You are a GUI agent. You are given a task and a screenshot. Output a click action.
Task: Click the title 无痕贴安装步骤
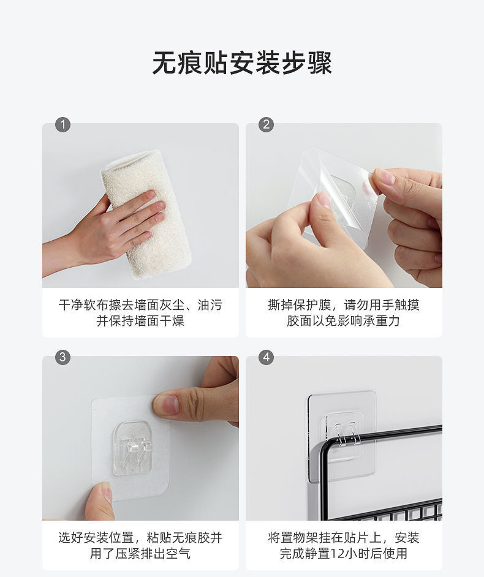242,62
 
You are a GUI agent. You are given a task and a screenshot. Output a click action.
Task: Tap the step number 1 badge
62,125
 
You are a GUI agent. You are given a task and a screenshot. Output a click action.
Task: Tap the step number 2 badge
266,125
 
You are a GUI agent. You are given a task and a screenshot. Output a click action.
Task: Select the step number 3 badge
62,357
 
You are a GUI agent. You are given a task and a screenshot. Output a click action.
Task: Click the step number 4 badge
266,357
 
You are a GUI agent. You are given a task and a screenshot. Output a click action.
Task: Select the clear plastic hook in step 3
132,448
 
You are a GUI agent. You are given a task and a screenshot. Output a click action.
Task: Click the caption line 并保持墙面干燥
140,321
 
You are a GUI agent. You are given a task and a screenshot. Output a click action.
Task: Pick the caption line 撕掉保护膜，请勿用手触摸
344,305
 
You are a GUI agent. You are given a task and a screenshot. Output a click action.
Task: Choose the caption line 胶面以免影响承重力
344,321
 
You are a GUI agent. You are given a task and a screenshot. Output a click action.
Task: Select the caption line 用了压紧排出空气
140,554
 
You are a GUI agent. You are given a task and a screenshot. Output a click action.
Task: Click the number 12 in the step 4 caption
337,554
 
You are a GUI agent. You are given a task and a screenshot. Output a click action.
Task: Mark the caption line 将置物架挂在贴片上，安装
344,538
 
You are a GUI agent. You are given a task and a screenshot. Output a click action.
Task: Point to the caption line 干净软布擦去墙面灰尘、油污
140,305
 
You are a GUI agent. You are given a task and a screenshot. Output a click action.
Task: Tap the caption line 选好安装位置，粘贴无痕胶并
140,538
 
